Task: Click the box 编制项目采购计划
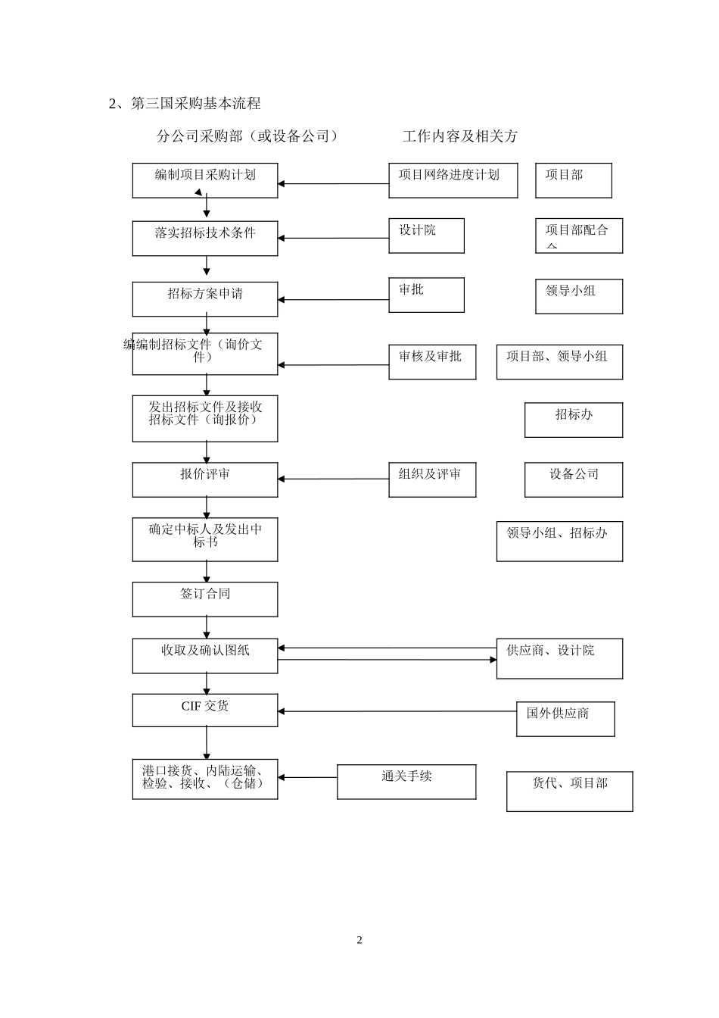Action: (205, 180)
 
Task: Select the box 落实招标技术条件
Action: (205, 238)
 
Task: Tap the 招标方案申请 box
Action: (205, 299)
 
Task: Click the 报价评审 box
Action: (205, 479)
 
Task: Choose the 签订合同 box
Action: (205, 599)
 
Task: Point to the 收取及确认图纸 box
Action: (205, 656)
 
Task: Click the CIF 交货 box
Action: (205, 710)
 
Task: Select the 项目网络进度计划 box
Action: (453, 180)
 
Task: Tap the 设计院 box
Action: (426, 236)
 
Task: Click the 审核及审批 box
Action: (432, 362)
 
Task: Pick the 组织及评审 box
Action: (432, 479)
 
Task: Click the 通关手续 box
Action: (406, 782)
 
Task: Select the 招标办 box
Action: (574, 420)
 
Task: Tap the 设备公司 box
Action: (574, 479)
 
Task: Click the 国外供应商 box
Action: (565, 719)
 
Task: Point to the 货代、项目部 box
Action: (569, 791)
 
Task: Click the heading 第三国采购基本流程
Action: (195, 104)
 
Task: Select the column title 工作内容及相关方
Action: (460, 136)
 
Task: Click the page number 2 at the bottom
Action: (359, 941)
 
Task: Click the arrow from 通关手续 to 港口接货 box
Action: (307, 777)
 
